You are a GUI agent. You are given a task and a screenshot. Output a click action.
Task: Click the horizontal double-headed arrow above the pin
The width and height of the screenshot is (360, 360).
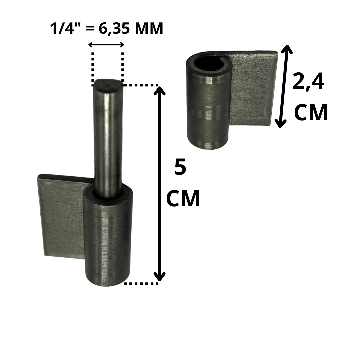point(106,45)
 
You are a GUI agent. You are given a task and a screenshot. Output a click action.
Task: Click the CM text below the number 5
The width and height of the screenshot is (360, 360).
point(183,198)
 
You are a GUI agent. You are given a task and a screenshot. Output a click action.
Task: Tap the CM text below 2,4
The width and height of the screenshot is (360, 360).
point(311,113)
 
